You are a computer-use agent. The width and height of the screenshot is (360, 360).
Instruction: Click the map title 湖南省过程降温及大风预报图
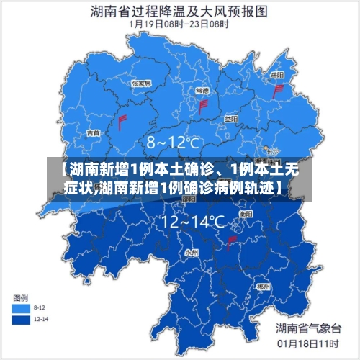[179, 11]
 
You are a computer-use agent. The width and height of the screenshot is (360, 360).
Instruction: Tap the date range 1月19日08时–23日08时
[179, 24]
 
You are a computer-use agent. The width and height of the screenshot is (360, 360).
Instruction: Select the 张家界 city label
[141, 84]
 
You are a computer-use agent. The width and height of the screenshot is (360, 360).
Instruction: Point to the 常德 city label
[202, 91]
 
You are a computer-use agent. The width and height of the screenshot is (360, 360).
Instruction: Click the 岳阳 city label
[276, 74]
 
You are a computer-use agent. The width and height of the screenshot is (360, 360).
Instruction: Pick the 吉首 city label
[94, 133]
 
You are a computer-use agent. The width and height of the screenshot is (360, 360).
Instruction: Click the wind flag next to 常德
[203, 106]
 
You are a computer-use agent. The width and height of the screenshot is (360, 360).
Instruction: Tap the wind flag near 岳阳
[277, 91]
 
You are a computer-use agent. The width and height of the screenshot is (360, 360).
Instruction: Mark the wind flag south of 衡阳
[231, 243]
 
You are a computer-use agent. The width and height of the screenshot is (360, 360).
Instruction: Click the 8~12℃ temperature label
[173, 143]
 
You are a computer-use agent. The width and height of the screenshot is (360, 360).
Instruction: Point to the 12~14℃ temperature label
[193, 222]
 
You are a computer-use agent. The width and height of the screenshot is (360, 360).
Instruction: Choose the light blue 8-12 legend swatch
[21, 307]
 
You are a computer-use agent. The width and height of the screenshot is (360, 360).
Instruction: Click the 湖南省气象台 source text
[308, 328]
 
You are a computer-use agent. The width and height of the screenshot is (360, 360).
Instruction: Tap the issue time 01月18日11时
[308, 343]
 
